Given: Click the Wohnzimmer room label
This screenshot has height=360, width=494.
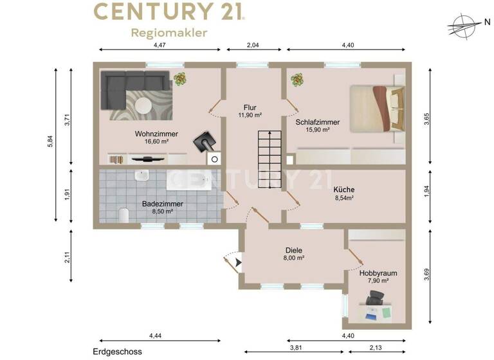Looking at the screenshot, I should coord(156,134).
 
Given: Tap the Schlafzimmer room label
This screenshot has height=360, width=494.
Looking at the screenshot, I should coord(317,122).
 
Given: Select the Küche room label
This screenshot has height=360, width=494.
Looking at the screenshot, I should coord(344,190).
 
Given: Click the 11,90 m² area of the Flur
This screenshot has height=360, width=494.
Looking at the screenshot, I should coord(250,115).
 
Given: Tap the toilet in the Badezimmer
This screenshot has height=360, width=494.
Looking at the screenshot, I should coord(124,214).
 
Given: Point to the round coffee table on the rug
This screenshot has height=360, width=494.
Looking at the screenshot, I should coord(143,104).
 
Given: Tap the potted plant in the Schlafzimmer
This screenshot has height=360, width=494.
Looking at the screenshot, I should coord(297,80).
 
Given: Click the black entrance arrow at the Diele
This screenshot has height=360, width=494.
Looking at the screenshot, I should coord(239,262).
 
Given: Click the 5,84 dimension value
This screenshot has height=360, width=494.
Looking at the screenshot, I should coord(51,145).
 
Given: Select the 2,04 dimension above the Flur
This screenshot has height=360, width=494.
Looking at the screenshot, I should coord(253,45).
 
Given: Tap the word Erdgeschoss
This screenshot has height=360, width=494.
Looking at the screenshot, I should coord(116,352).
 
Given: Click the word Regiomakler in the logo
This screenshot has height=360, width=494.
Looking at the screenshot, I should coord(169,33).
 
